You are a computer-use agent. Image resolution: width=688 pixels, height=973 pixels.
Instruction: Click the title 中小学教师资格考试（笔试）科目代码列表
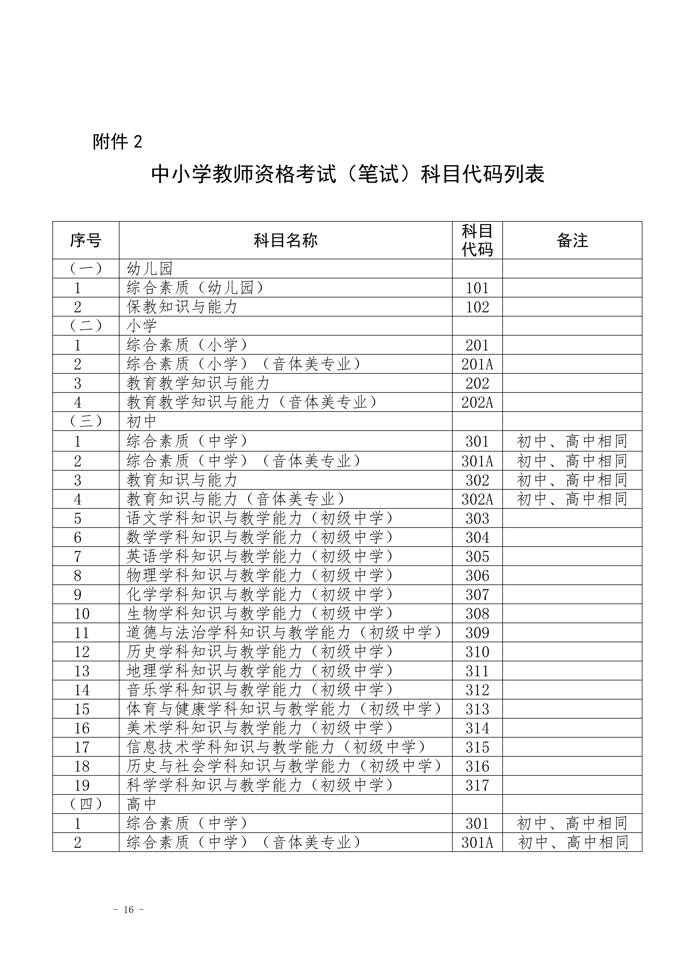click(x=348, y=174)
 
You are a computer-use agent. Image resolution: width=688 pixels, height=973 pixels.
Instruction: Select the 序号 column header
click(x=86, y=240)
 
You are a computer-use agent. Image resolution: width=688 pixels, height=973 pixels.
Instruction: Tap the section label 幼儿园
click(x=150, y=269)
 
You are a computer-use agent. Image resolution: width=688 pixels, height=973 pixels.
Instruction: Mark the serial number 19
click(x=82, y=785)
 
